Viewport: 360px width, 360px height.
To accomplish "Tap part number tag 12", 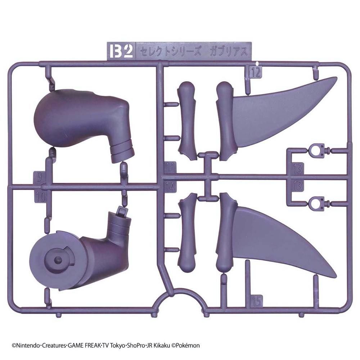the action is click(x=256, y=72).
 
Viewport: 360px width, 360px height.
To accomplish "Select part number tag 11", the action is click(x=170, y=168).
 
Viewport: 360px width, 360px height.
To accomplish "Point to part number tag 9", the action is click(x=39, y=177).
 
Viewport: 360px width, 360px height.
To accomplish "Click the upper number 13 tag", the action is click(x=298, y=169).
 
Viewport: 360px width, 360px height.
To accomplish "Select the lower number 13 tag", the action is click(x=298, y=185).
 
